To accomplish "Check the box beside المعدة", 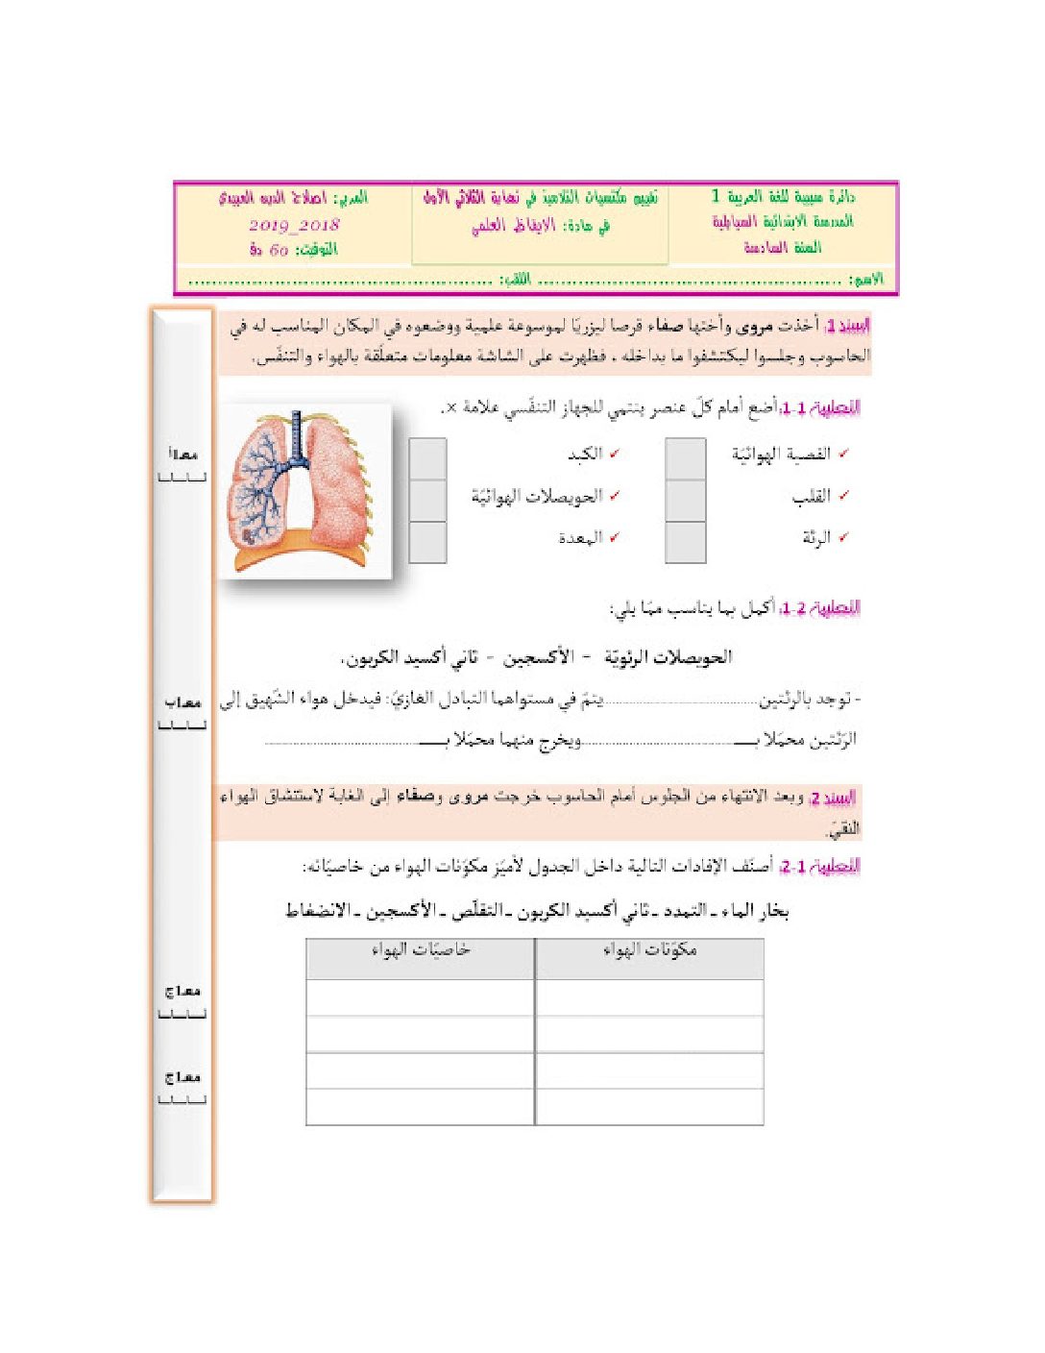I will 427,542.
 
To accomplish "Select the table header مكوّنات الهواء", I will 649,950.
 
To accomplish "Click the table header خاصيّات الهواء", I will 421,950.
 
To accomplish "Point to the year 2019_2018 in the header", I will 294,225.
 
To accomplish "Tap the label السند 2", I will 832,798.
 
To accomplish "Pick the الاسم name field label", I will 866,280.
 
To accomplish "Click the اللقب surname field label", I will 516,280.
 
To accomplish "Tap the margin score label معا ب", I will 182,703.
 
